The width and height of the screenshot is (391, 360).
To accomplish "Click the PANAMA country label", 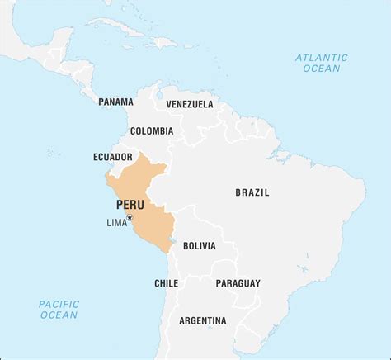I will [115, 102].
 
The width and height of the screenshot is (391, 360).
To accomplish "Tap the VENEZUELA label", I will [189, 104].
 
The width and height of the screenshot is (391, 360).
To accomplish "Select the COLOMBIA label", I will [151, 130].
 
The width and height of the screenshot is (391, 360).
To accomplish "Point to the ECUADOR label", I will [113, 156].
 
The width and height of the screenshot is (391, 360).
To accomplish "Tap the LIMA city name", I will [116, 222].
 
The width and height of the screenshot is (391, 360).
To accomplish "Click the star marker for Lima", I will [130, 217].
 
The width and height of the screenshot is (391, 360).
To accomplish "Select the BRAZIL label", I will [252, 192].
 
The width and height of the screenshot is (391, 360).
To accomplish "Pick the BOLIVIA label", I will [199, 245].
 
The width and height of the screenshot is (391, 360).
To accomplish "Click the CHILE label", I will [166, 282].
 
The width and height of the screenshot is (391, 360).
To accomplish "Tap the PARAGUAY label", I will [238, 282].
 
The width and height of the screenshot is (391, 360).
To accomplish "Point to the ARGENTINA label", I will [202, 320].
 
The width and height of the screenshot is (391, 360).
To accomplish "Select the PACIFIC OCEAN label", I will [59, 309].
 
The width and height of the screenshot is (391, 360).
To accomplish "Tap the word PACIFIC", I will [59, 303].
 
